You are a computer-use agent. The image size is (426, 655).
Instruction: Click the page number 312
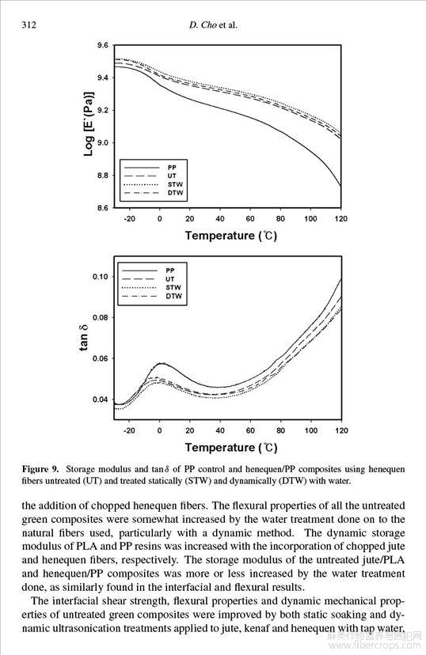tap(29, 25)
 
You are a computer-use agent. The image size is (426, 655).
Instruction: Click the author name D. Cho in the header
tap(203, 25)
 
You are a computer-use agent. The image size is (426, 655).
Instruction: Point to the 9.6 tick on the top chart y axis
tap(103, 45)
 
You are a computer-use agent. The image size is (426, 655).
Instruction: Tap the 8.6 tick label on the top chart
tap(103, 207)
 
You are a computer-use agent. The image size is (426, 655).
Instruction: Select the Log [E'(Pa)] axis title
tap(89, 124)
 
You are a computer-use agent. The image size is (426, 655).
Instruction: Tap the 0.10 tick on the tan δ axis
tap(101, 277)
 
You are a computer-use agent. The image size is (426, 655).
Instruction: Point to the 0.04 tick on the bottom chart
tap(101, 399)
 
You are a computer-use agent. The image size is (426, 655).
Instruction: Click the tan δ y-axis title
tap(84, 338)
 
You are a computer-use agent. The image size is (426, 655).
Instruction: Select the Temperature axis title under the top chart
tap(231, 236)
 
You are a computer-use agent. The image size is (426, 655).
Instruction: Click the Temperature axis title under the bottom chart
tap(231, 448)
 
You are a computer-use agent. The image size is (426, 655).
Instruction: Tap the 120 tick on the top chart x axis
tap(341, 218)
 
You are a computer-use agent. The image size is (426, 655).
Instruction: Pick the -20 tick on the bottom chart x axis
tap(129, 430)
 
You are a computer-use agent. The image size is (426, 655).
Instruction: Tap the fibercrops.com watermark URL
tap(375, 646)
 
